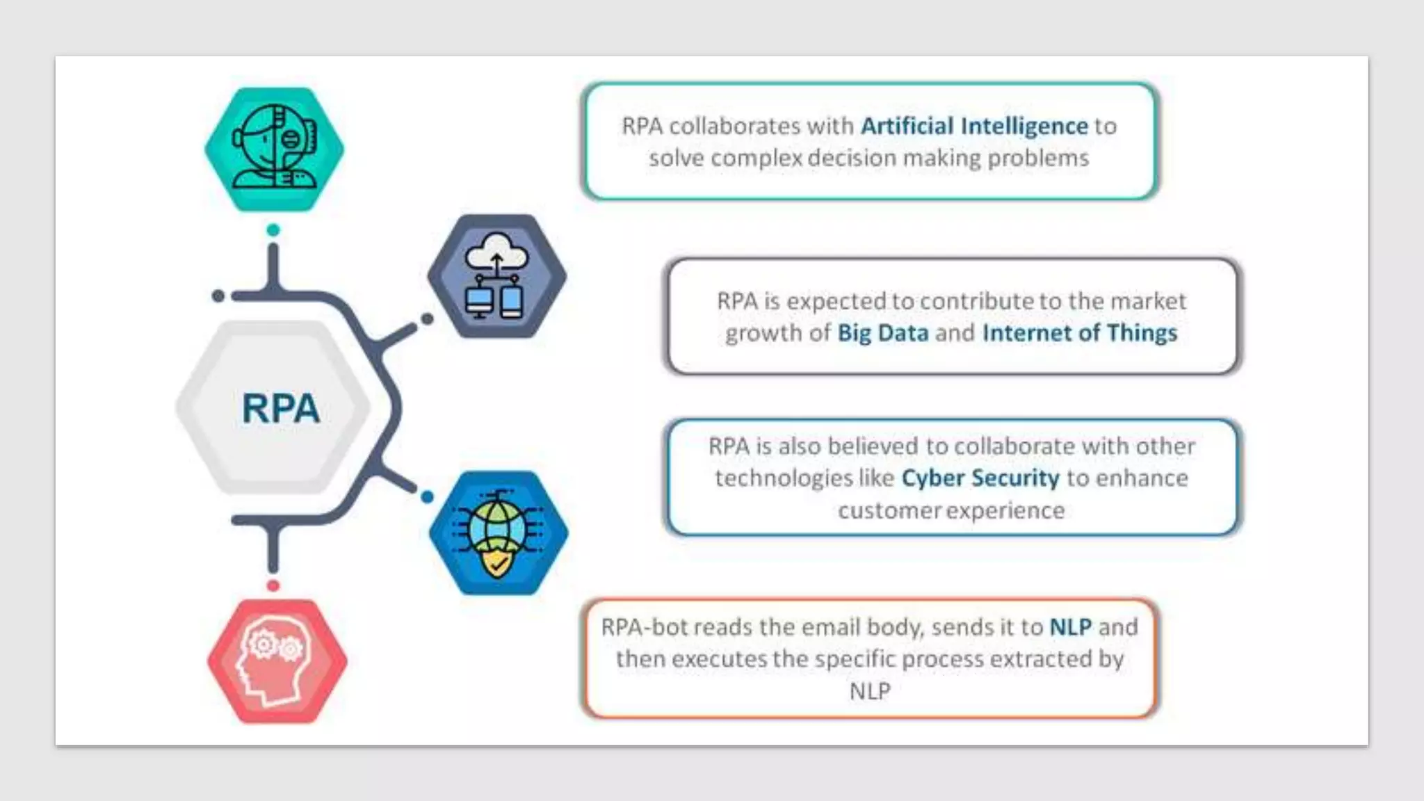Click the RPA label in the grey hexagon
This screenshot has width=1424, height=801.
click(280, 408)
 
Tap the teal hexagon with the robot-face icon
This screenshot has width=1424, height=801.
click(274, 149)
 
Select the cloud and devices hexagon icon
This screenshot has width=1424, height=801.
click(496, 276)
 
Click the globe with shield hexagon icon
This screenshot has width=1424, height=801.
click(498, 533)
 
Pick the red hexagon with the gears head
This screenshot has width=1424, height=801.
click(277, 661)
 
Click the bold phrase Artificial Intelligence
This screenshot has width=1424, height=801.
click(974, 126)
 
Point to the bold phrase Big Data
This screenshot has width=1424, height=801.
click(882, 333)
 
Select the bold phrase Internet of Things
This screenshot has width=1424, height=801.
click(1079, 333)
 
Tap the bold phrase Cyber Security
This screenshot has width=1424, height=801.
click(980, 478)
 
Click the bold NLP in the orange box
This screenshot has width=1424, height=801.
click(1070, 627)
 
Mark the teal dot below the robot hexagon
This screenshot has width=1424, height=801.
click(273, 230)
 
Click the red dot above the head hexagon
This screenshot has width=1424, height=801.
click(273, 585)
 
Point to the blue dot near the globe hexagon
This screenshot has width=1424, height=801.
click(427, 496)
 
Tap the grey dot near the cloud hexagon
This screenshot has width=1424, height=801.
click(427, 318)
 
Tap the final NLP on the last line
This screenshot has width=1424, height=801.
click(869, 691)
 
